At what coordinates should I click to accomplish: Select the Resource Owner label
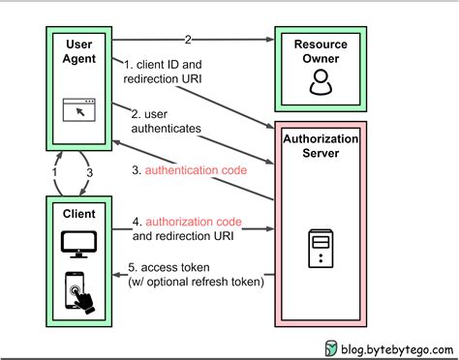[x=319, y=53]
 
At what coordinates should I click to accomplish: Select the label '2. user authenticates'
[x=167, y=121]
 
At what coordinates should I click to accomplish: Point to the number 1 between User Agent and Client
[x=55, y=171]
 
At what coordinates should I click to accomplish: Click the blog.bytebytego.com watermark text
[x=394, y=346]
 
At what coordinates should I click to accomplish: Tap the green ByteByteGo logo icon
[x=331, y=346]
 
